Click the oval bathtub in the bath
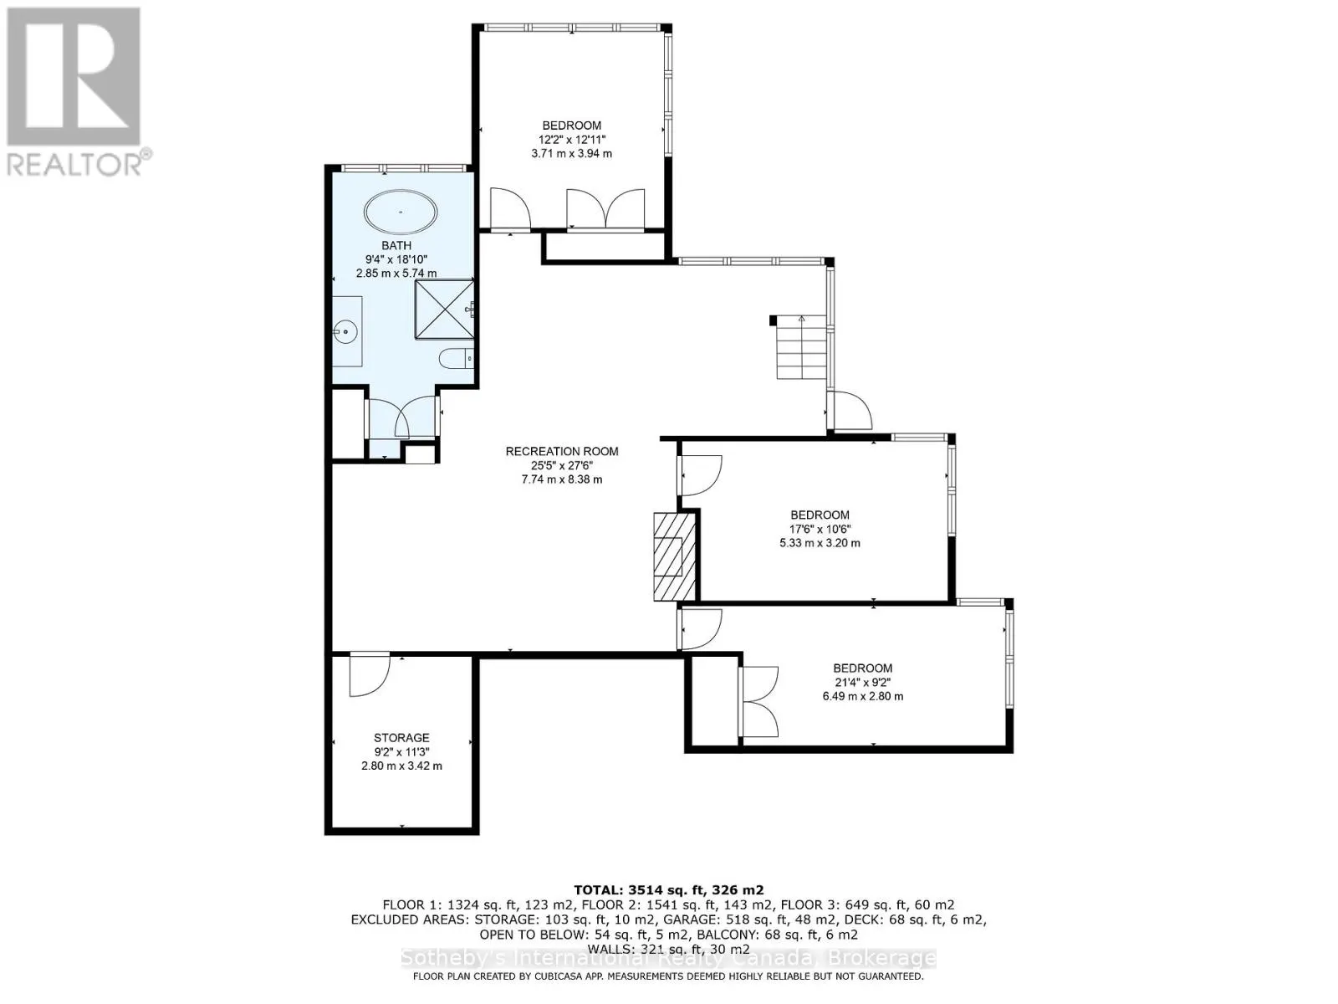pos(401,212)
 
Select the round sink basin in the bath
pos(345,332)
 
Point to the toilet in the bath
pos(457,359)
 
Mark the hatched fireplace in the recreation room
pos(669,556)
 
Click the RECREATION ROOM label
pos(562,452)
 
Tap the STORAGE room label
pos(401,738)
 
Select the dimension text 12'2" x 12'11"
pos(571,140)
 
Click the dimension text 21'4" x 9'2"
pos(862,682)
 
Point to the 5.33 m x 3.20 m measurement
pos(820,543)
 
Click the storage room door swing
pos(369,674)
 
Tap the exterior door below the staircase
pos(851,411)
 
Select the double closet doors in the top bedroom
pos(605,209)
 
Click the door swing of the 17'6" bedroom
pos(701,474)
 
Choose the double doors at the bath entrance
pos(402,417)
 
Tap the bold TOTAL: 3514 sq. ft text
pos(668,890)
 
